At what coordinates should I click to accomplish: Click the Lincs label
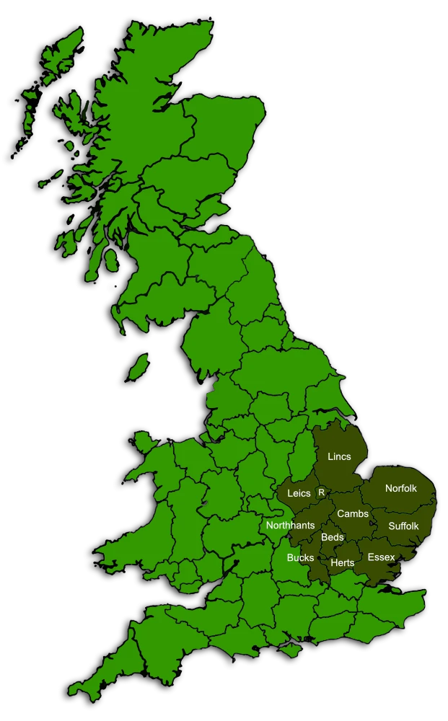339,456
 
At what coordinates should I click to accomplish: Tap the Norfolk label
400,488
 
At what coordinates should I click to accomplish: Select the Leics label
299,493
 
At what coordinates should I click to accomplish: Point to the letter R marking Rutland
321,492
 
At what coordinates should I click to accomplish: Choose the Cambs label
353,513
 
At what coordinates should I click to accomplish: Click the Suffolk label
403,526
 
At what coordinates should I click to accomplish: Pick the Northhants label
290,525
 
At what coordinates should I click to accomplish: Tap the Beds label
333,537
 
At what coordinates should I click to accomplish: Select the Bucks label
300,557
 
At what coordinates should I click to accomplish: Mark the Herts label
342,562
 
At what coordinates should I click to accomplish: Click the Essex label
381,557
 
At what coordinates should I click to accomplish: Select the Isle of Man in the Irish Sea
139,366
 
